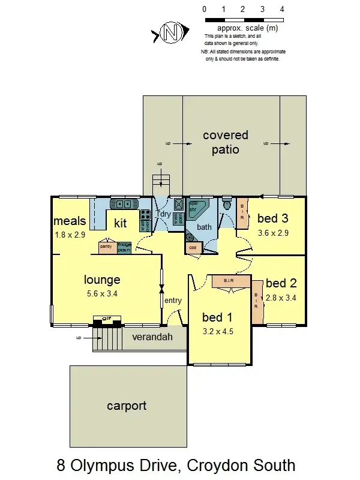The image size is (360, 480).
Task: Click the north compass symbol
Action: [173, 34]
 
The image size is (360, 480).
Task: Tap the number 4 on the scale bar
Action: [282, 10]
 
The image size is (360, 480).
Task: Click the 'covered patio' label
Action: [225, 142]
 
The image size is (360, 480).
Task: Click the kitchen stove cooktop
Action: [145, 214]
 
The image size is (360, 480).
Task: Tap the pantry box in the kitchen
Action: [107, 247]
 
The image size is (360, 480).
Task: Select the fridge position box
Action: [124, 247]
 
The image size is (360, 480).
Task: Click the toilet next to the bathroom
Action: [226, 205]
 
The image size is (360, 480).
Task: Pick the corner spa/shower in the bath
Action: [197, 210]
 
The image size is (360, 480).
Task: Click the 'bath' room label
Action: [205, 227]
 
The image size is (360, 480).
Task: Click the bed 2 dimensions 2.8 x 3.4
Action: [281, 297]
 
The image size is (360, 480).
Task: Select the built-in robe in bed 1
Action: [229, 281]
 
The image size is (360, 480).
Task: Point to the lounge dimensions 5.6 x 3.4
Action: [101, 294]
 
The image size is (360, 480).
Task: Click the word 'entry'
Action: [173, 301]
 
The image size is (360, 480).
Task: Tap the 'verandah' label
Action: [152, 337]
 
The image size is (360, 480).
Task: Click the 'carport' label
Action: [127, 406]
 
